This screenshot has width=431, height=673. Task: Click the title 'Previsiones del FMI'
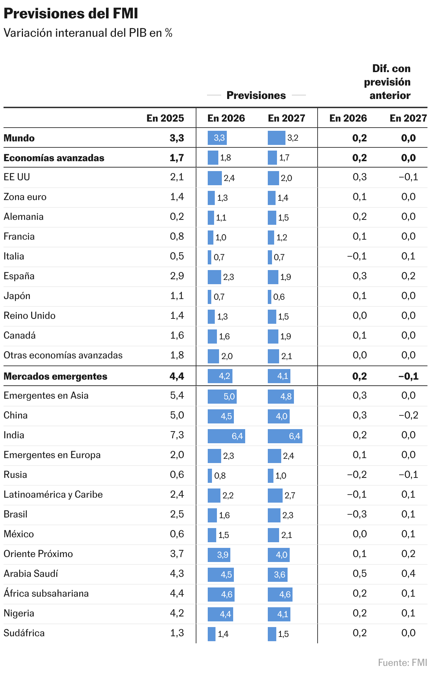point(71,14)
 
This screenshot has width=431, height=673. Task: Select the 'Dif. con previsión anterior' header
point(388,82)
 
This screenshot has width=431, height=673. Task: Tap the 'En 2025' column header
point(165,118)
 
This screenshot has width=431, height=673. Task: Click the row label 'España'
point(19,276)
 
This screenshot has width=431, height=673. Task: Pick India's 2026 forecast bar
point(226,436)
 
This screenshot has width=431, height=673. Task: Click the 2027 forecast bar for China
point(279,416)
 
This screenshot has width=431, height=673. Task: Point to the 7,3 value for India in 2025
point(177,435)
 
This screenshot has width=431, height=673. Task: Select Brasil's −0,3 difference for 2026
point(357,514)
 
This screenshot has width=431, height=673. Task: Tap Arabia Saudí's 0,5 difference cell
point(360,574)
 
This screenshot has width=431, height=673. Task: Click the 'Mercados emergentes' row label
point(55,376)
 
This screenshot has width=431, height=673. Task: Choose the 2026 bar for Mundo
point(217,138)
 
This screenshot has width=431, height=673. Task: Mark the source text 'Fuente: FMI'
point(402,662)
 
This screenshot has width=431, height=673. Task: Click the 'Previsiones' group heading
point(256,95)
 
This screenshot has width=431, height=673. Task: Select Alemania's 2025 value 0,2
point(177,217)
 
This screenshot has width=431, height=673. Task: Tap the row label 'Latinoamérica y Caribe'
point(53,494)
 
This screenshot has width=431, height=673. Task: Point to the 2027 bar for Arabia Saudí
point(277,575)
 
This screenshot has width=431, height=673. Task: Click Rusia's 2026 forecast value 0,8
point(220,476)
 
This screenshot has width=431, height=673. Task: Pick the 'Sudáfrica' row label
point(24,633)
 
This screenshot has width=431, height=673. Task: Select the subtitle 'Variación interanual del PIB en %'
point(88,33)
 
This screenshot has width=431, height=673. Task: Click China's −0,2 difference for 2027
point(408,415)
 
